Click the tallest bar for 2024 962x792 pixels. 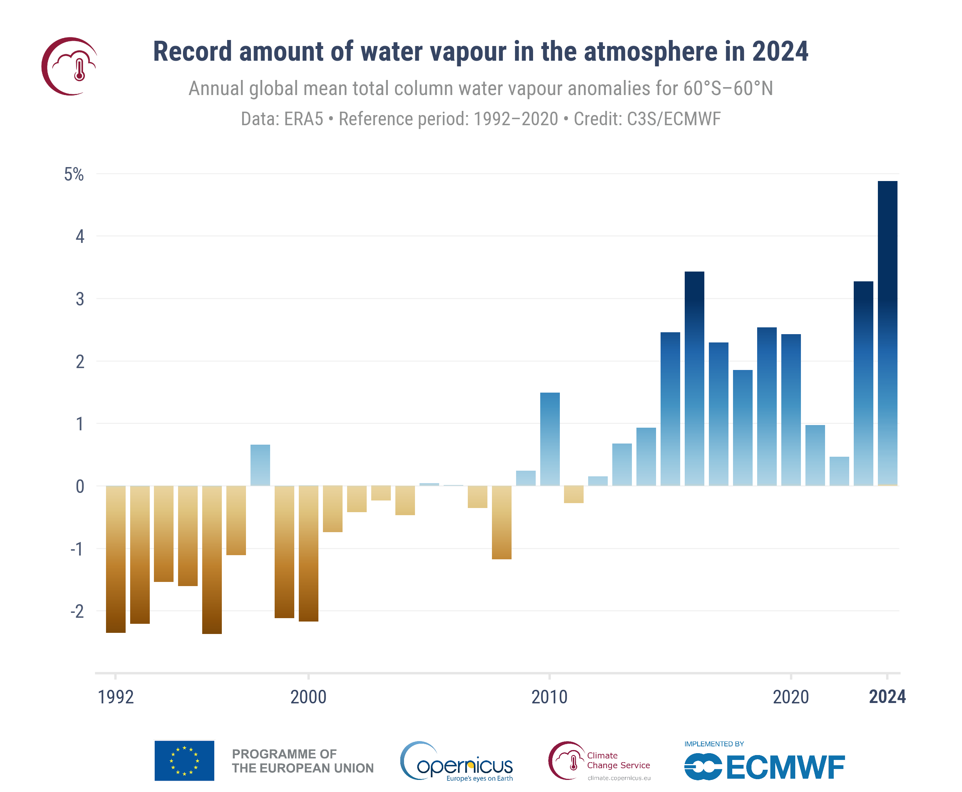tap(887, 333)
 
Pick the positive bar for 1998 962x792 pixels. tap(260, 465)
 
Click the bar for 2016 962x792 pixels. tap(694, 379)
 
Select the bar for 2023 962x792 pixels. tap(863, 383)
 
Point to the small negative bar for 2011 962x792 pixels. tap(574, 494)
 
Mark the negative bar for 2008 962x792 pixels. tap(501, 522)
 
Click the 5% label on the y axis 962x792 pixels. tap(74, 174)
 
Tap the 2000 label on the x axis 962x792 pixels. tap(309, 697)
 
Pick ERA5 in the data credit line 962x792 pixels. tap(303, 119)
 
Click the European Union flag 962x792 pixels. tap(184, 761)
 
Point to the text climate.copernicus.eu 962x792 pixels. tap(619, 778)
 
